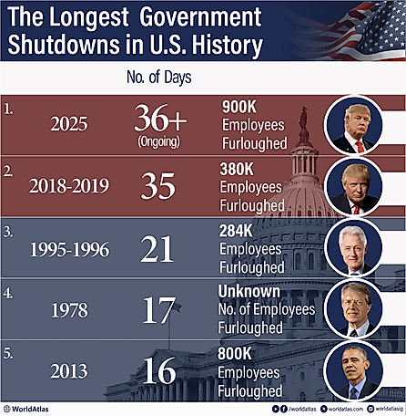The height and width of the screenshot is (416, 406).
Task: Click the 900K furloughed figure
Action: click(x=241, y=107)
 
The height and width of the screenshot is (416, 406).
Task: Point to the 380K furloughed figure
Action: click(x=241, y=169)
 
